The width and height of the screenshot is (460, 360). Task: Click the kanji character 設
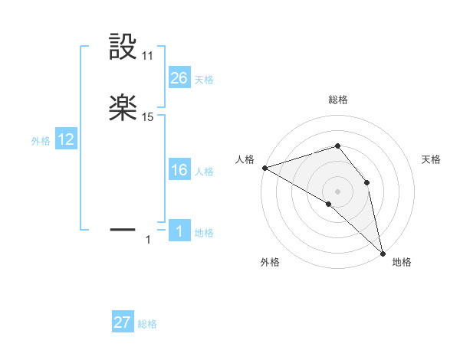[x=123, y=47]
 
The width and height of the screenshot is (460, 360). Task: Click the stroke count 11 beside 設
[x=148, y=56]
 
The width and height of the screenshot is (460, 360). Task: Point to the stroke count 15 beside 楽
[x=148, y=117]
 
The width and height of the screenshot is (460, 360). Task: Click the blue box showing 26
[x=179, y=77]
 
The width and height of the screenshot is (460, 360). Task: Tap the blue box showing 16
[x=179, y=170]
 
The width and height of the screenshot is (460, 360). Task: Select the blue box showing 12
[x=66, y=139]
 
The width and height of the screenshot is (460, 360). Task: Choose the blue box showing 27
[x=123, y=322]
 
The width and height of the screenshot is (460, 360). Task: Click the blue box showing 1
[x=179, y=231]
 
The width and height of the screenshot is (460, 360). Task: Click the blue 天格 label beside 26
[x=204, y=80]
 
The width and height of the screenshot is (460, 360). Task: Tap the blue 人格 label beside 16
[x=204, y=172]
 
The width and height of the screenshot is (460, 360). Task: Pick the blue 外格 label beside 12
[x=41, y=141]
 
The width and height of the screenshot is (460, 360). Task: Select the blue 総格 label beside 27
[x=147, y=325]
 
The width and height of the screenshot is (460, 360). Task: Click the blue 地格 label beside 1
[x=204, y=233]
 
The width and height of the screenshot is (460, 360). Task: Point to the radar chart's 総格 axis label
[x=338, y=100]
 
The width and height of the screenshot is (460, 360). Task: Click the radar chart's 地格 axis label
[x=402, y=262]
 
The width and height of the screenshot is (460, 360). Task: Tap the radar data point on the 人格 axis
[x=264, y=168]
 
